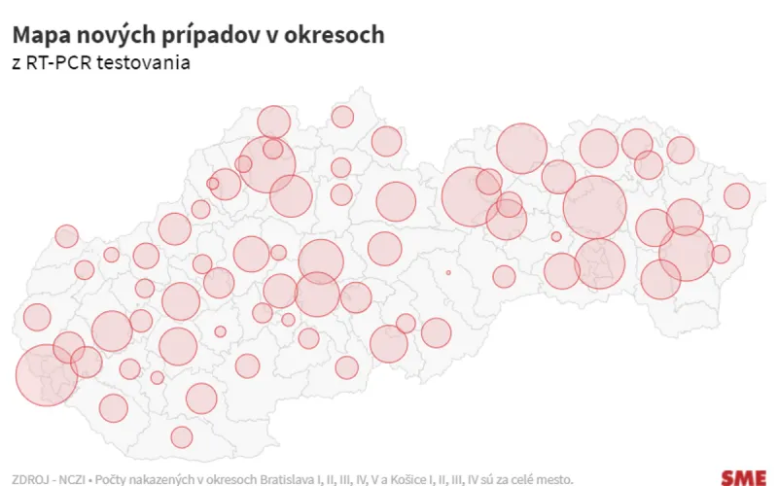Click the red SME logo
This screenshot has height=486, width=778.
tap(744, 477)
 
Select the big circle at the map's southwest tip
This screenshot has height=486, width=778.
tap(46, 375)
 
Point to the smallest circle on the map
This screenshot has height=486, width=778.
tap(448, 273)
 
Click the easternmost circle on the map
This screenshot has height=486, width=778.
tap(737, 196)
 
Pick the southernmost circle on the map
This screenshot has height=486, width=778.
tap(182, 436)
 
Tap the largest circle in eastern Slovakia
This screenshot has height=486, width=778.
tap(594, 207)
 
